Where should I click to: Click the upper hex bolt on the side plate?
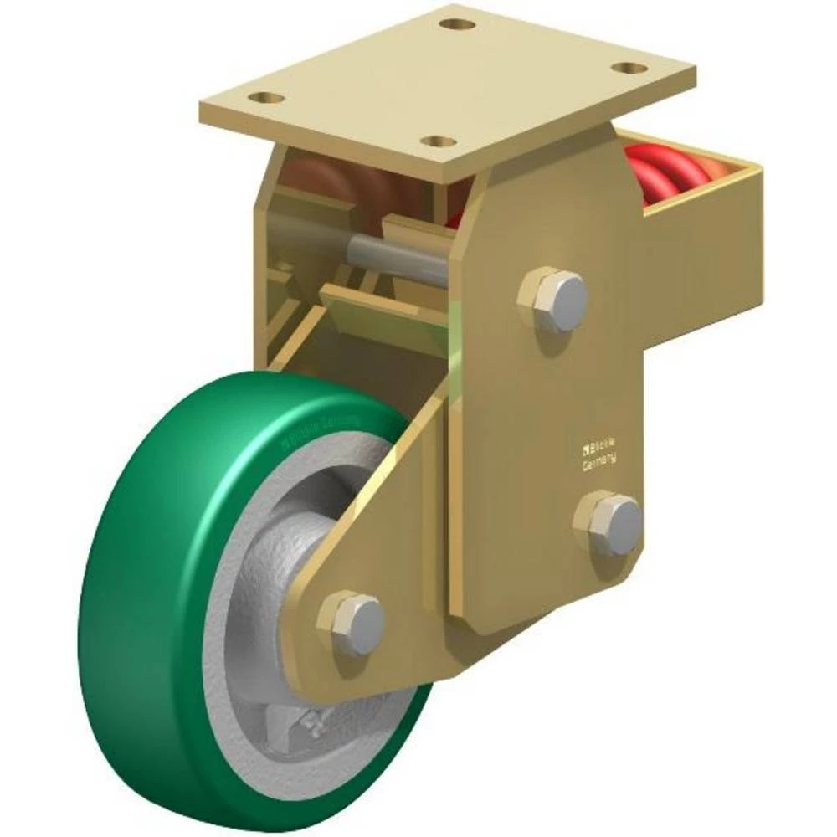coord(552,299)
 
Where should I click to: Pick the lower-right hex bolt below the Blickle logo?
coord(609,524)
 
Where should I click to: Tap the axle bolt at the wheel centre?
coord(352,623)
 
